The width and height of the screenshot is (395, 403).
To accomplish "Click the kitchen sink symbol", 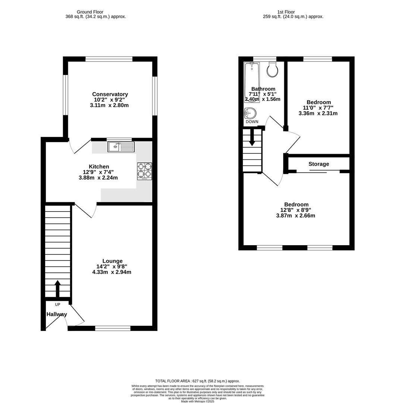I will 121,147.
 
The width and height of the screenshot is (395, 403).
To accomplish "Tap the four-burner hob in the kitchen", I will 144,171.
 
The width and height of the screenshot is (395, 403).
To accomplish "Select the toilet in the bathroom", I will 273,69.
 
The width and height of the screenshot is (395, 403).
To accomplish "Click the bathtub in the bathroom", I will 252,82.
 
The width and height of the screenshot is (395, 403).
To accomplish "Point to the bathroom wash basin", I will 250,113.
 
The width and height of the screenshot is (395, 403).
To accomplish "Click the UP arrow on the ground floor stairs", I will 57,288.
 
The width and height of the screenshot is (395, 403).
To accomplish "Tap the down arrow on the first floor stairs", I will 252,137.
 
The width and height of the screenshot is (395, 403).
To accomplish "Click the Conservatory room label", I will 110,94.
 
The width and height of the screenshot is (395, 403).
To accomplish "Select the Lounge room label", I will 112,261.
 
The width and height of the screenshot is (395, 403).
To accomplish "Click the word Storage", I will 319,164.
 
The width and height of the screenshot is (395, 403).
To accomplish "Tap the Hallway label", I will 57,314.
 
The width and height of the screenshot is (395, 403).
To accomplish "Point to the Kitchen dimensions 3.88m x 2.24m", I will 98,178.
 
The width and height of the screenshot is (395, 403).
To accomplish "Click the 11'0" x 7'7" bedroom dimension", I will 318,107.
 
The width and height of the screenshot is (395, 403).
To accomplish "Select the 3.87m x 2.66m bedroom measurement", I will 295,215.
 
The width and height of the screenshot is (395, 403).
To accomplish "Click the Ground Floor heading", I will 90,12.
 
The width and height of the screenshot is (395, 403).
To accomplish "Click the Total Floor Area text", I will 197,381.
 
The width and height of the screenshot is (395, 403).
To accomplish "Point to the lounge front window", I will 113,328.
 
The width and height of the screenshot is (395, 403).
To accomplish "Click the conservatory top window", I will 109,59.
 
